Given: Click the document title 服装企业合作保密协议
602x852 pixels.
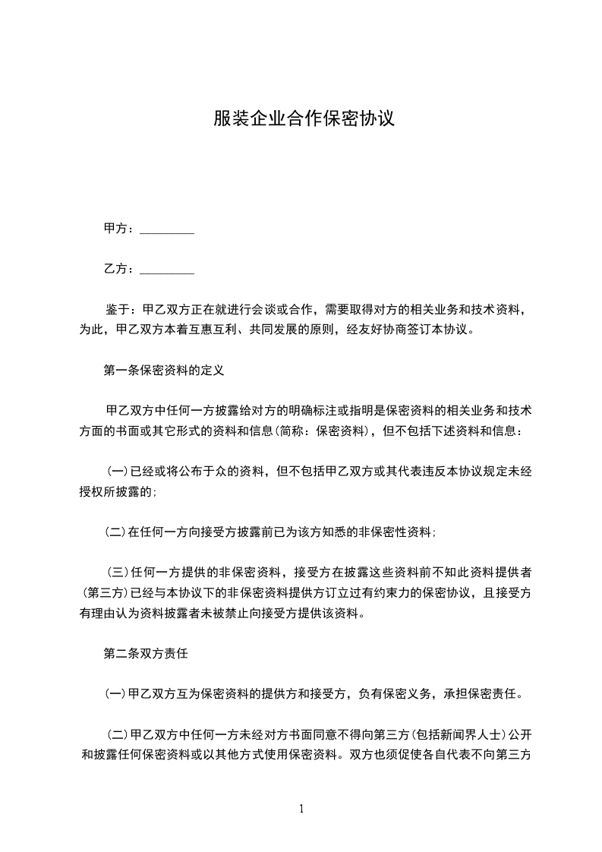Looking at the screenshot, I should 303,118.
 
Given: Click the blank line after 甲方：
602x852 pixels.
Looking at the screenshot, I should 168,229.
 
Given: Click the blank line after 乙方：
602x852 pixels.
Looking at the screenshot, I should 168,269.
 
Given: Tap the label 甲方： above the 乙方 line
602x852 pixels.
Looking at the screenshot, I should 121,229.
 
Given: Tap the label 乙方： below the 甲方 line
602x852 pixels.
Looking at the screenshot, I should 121,269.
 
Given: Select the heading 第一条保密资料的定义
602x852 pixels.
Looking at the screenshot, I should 163,371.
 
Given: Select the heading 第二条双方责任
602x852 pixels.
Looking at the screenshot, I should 145,652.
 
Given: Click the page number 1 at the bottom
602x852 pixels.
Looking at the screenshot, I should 301,809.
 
